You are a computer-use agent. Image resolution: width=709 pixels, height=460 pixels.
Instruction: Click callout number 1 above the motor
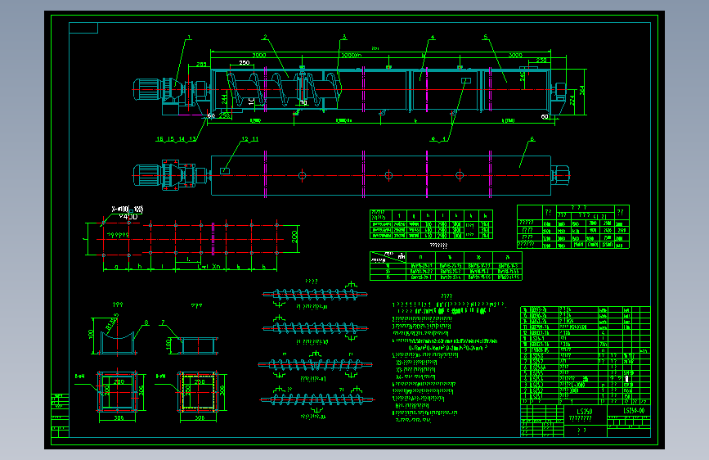click(188, 37)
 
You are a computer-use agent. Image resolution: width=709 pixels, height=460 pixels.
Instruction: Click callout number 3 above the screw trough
click(344, 37)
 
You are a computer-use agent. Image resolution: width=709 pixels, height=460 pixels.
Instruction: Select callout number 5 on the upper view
click(485, 37)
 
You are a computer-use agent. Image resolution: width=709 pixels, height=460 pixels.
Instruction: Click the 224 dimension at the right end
click(571, 99)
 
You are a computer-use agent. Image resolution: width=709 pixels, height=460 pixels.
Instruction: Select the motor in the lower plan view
click(149, 173)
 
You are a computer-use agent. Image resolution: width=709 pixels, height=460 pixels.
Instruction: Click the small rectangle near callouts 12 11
click(224, 171)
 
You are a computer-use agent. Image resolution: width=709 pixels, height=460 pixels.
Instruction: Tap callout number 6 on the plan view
click(532, 139)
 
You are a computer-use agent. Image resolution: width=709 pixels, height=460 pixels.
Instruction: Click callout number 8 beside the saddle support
click(146, 322)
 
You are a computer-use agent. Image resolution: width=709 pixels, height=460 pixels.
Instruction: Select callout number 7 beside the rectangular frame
click(163, 322)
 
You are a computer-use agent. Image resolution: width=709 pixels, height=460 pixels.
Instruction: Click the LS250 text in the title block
click(583, 409)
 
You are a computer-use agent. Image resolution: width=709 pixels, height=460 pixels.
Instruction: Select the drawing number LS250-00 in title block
click(634, 409)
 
